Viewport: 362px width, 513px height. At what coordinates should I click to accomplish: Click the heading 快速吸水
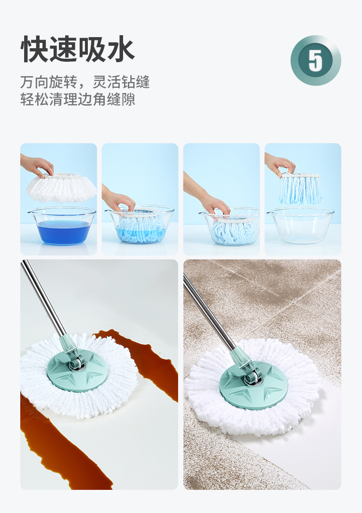[x=77, y=49]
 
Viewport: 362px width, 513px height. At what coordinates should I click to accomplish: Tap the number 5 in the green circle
[x=316, y=61]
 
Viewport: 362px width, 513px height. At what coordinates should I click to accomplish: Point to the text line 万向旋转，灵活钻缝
[x=85, y=82]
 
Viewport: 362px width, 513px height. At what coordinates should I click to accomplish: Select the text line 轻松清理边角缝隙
[x=78, y=99]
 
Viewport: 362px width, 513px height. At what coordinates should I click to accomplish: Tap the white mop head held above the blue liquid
[x=61, y=188]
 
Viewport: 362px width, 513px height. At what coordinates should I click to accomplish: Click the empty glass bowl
[x=301, y=226]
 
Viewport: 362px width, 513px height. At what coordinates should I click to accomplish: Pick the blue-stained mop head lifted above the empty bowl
[x=300, y=189]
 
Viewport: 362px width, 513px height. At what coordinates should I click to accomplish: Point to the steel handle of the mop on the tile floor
[x=209, y=313]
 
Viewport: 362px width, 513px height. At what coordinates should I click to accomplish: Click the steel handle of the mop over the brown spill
[x=43, y=298]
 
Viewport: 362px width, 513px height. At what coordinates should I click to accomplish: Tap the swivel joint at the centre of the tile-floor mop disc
[x=252, y=376]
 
